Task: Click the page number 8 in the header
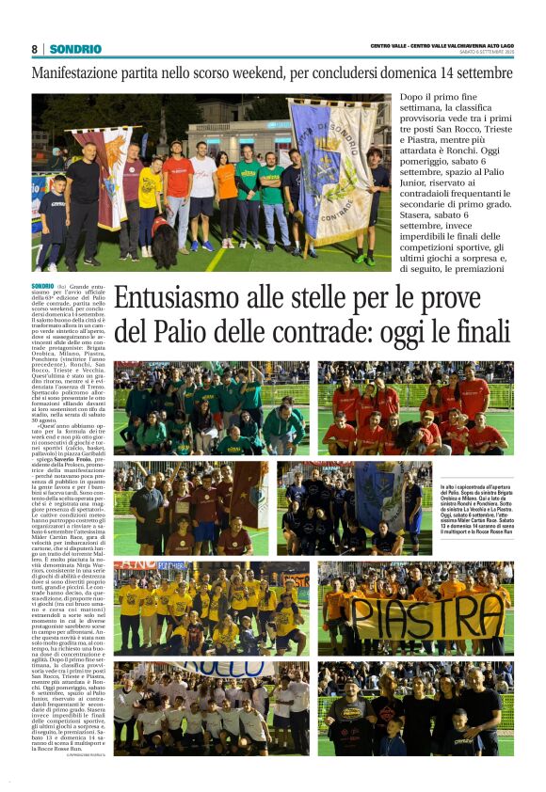pyautogui.click(x=34, y=49)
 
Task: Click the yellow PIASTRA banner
pyautogui.click(x=428, y=616)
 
